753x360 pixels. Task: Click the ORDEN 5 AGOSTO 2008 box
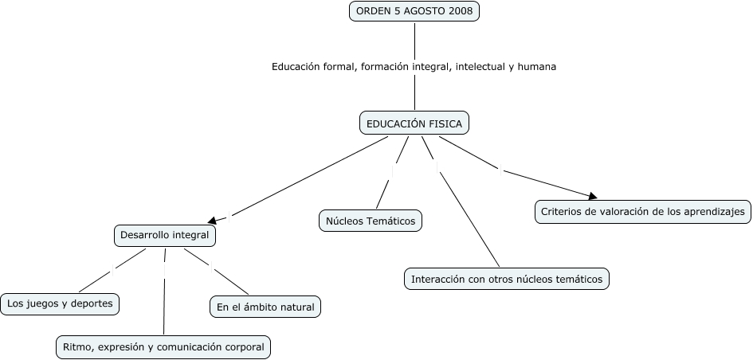[414, 11]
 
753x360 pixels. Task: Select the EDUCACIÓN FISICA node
[414, 123]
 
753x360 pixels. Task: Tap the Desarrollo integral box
[164, 236]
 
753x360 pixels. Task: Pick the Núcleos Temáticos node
[371, 221]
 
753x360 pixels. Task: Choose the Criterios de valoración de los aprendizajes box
[642, 212]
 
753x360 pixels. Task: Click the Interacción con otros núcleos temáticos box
[507, 279]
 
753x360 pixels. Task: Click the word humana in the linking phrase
[536, 67]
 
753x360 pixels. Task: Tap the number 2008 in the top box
[460, 11]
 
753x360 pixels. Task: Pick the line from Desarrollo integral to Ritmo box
[164, 295]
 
